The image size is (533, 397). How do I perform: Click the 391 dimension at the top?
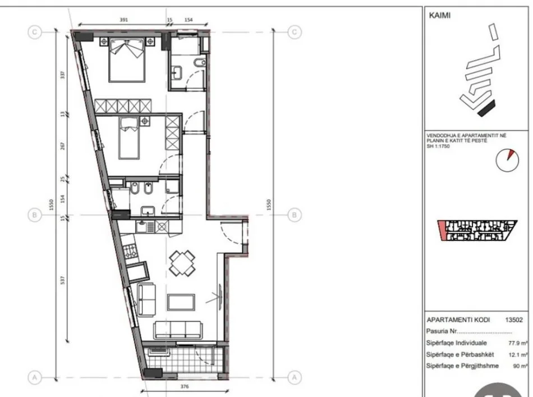124,20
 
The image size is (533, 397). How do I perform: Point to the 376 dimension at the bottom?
183,386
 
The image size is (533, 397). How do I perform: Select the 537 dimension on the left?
63,279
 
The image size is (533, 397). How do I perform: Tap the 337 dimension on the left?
63,75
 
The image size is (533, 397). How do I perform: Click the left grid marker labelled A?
35,377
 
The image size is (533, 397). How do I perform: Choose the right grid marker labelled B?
295,215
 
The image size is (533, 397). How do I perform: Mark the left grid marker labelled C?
35,32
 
